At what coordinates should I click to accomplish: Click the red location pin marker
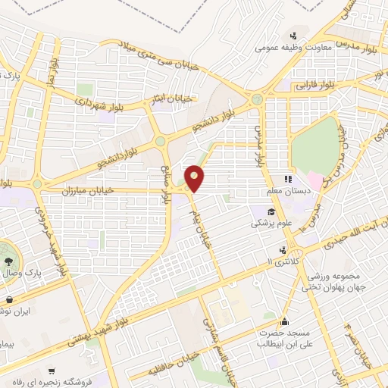195,177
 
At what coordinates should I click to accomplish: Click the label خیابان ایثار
175,99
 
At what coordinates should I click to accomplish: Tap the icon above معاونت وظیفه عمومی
295,36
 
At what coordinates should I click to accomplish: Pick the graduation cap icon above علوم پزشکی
271,211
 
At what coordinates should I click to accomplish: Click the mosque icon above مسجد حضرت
285,321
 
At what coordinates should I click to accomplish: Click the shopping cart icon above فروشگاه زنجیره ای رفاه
51,371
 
